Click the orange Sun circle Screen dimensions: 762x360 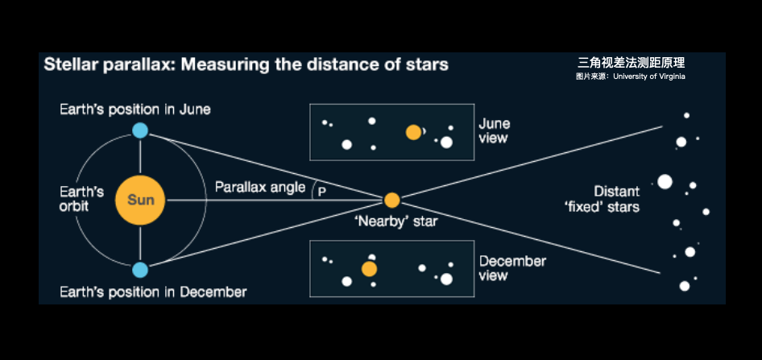tap(140, 200)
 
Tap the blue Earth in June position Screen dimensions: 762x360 tap(140, 130)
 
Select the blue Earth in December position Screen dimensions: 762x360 tap(140, 269)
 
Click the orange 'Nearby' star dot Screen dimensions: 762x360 tap(392, 200)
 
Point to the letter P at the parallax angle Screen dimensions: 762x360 tap(321, 192)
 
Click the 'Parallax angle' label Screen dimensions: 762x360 tap(260, 188)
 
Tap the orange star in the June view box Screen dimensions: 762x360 tap(413, 132)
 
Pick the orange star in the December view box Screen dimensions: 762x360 tap(370, 269)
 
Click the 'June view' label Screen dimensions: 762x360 tap(495, 131)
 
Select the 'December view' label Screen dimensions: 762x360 tap(512, 268)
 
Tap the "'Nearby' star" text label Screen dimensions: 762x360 tap(396, 221)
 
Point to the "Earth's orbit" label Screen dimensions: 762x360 tap(82, 199)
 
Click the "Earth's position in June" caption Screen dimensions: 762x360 tap(135, 109)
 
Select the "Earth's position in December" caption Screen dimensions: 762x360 tap(153, 292)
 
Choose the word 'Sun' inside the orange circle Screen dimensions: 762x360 tap(140, 200)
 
